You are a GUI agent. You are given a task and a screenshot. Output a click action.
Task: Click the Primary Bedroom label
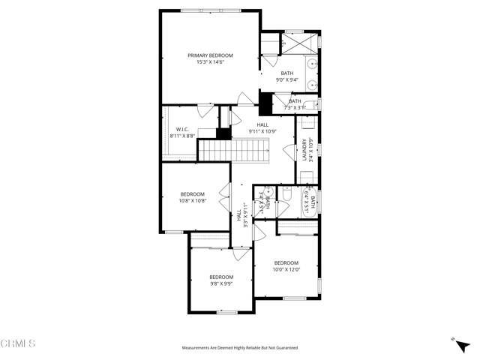tap(210, 55)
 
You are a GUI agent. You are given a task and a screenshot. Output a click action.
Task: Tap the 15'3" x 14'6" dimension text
tap(210, 62)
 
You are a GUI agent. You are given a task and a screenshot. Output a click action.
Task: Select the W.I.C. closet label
tap(181, 129)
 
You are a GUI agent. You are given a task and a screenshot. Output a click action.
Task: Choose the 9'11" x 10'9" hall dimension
tap(262, 132)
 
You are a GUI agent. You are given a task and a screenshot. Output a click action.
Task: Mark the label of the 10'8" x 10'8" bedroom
tap(192, 194)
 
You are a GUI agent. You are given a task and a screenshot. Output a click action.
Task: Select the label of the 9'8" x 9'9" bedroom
tap(221, 276)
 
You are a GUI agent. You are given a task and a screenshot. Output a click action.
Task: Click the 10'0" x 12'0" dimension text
tap(286, 269)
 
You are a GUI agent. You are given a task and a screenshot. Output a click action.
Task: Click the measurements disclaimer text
tap(240, 348)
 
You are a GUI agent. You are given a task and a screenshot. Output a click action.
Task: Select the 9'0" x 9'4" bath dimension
tap(287, 79)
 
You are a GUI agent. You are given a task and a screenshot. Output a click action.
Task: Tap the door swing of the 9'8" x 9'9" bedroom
tap(242, 254)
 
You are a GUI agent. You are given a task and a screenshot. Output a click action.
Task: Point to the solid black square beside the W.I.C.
tap(223, 134)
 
